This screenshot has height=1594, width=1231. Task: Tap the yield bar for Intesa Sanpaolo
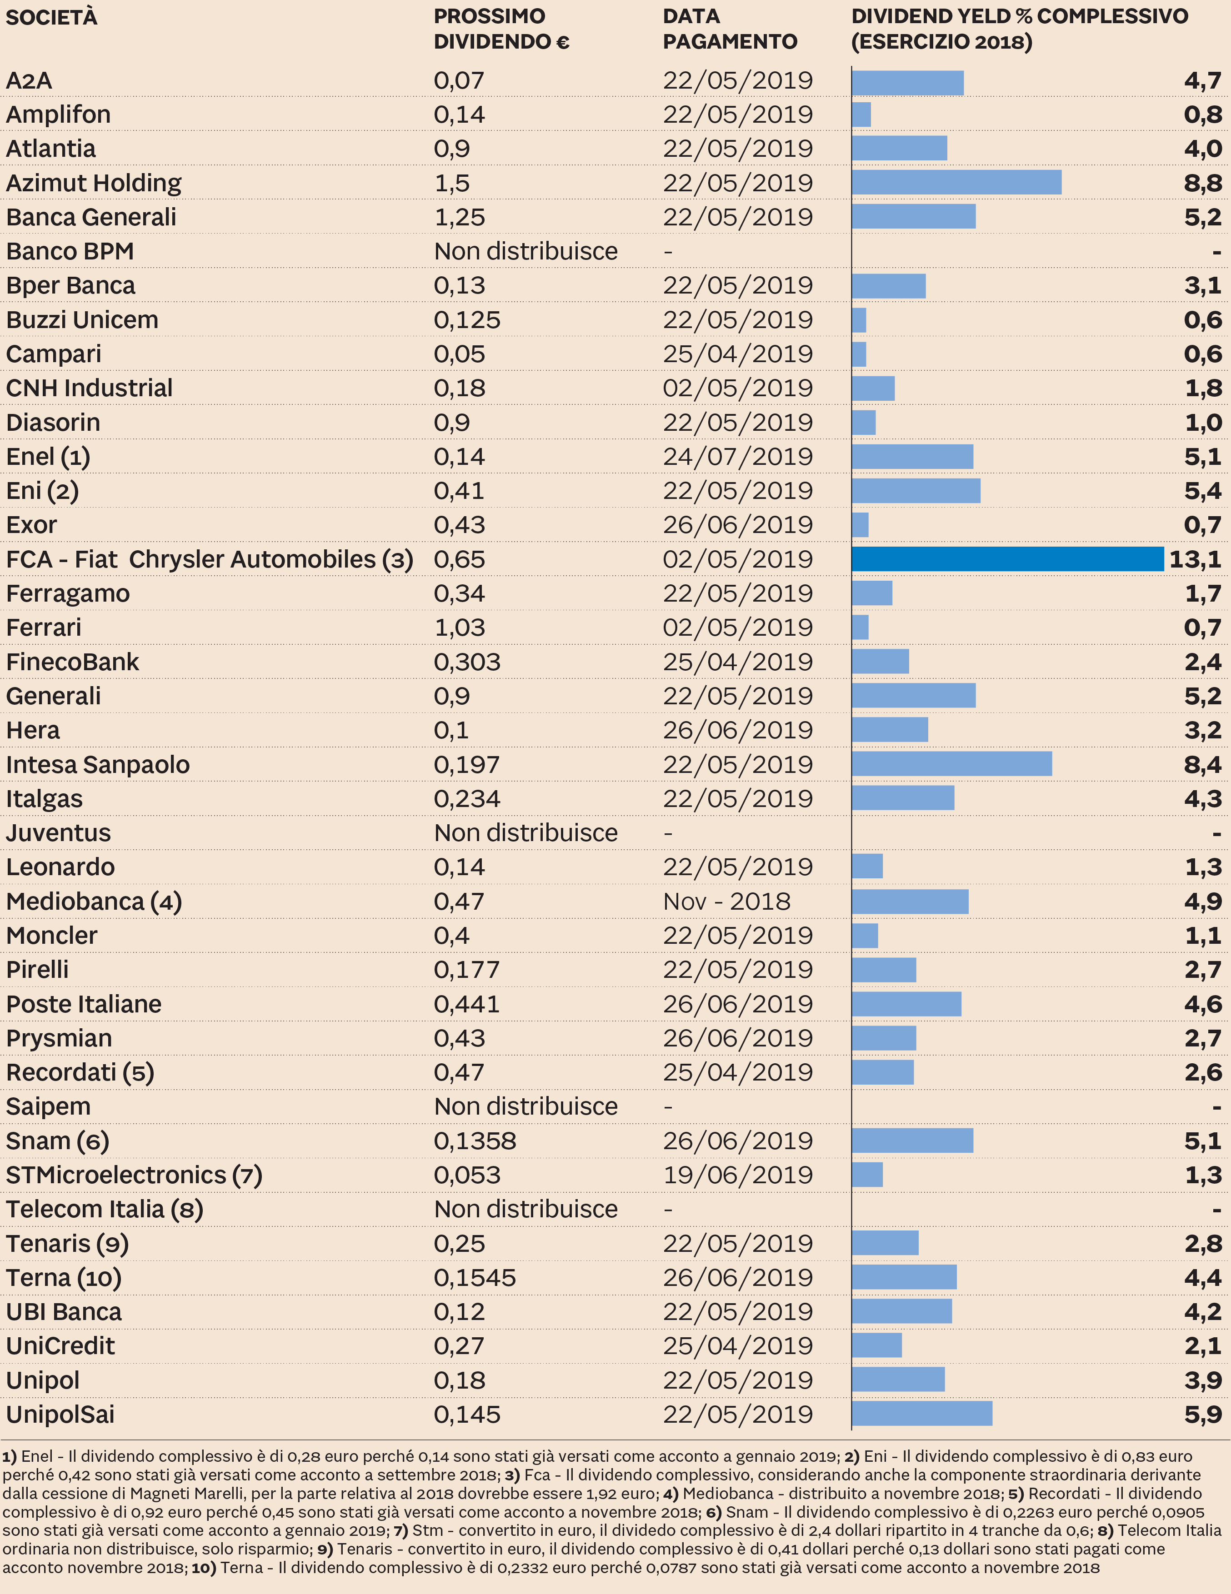pos(951,764)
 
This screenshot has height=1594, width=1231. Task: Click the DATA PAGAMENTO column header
pos(730,29)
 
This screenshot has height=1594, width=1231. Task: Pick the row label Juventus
pos(58,833)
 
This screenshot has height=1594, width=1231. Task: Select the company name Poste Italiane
pos(84,1004)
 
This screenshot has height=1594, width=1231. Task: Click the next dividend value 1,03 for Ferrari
pos(460,628)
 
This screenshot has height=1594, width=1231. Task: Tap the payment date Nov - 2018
pos(726,902)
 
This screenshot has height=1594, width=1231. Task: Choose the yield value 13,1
pos(1195,559)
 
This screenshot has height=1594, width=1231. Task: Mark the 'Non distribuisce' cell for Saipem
pos(525,1106)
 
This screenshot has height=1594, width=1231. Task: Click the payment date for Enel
pos(737,457)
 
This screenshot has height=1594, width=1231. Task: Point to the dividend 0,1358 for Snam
pos(475,1141)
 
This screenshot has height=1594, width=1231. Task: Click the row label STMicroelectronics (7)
pos(134,1175)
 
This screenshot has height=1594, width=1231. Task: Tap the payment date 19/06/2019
pos(737,1175)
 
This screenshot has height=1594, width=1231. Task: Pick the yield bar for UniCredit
pos(876,1346)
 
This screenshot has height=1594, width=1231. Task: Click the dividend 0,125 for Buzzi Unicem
pos(467,320)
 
